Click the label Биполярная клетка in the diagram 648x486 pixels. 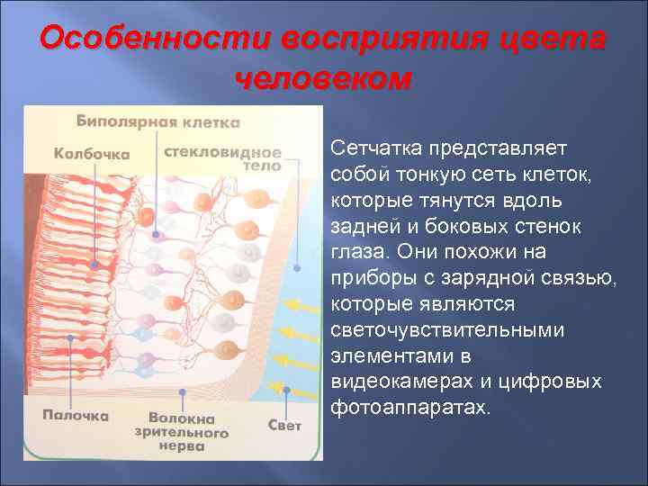(x=157, y=121)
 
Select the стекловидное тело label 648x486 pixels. (x=222, y=158)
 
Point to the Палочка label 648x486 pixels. (x=76, y=415)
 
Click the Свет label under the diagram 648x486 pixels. (x=284, y=424)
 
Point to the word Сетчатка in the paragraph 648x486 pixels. (x=376, y=147)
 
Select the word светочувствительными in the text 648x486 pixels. (x=447, y=329)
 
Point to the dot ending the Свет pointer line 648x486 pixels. (x=286, y=391)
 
